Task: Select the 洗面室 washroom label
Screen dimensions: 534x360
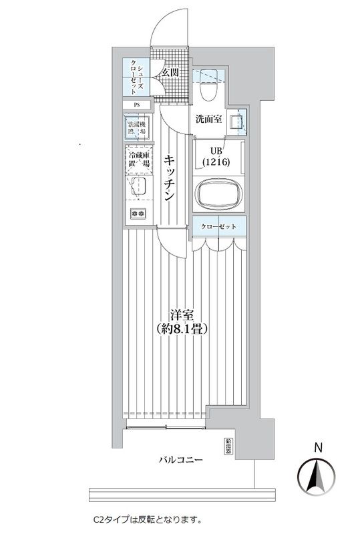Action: coord(208,120)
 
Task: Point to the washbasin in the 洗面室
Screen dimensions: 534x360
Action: coord(235,122)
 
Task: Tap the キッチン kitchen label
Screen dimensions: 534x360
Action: coord(170,178)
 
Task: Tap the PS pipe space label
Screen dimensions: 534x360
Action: coord(137,105)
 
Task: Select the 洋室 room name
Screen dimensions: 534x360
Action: coord(181,314)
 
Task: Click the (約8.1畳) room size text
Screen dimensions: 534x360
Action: coord(181,329)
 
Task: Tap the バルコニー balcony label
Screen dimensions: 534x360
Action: coord(180,460)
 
